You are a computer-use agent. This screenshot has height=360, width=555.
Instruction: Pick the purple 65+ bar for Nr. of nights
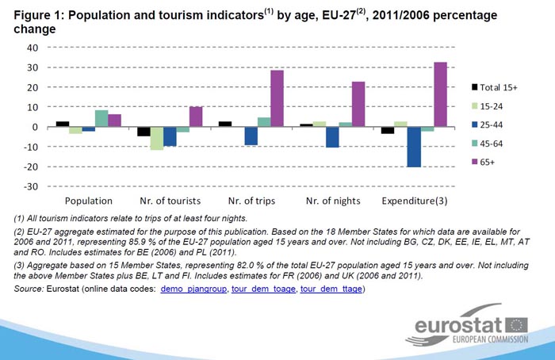coord(358,104)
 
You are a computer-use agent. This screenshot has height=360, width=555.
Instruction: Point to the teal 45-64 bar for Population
coord(101,118)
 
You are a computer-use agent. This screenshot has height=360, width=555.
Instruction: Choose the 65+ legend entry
coord(487,163)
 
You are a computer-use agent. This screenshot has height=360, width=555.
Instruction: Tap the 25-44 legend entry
coord(489,124)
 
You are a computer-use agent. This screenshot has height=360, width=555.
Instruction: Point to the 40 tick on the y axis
coord(33,48)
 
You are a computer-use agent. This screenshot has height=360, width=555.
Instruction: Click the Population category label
coord(88,201)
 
